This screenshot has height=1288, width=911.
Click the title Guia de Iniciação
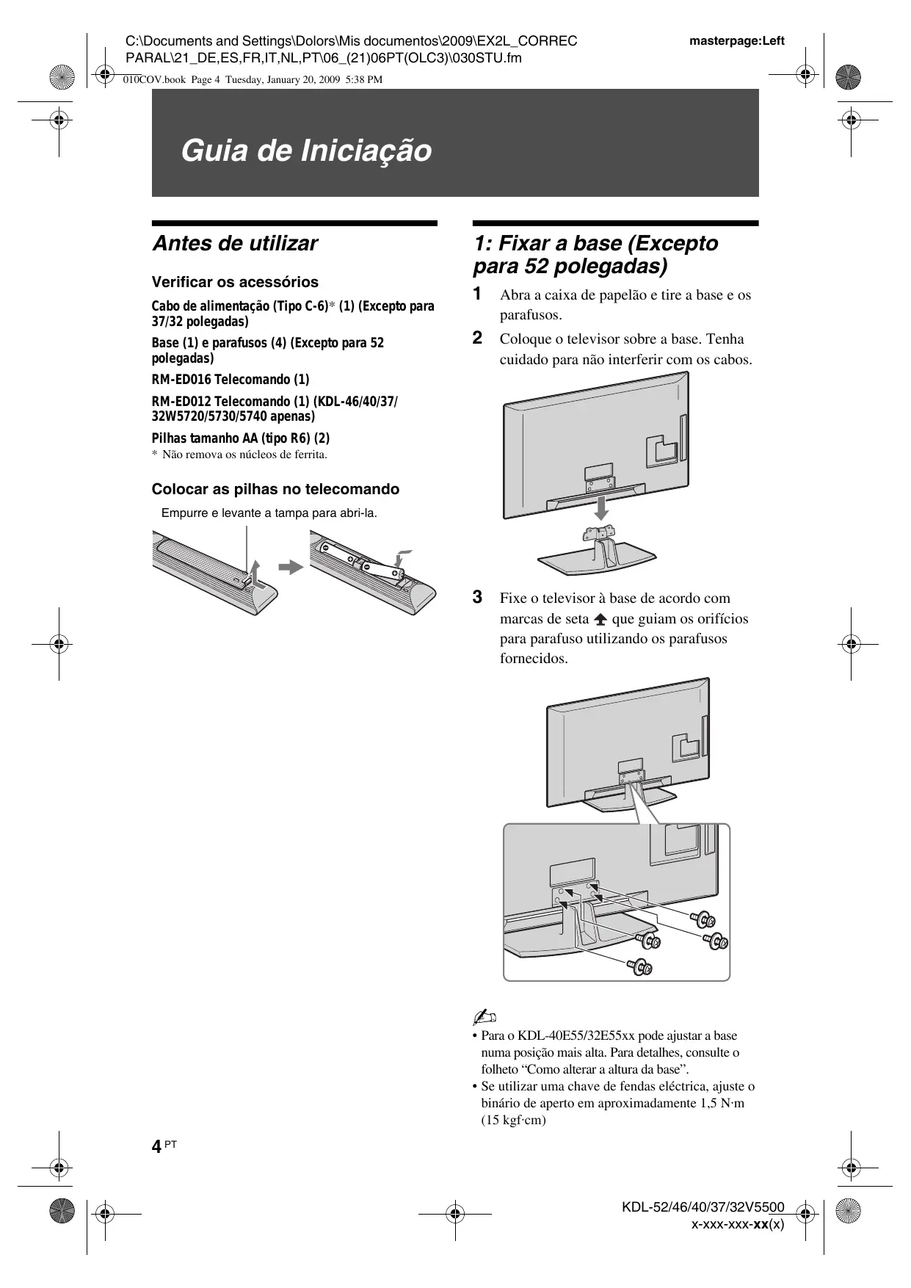tap(306, 151)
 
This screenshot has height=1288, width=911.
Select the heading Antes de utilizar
tap(235, 244)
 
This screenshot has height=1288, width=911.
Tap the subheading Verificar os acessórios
tap(235, 283)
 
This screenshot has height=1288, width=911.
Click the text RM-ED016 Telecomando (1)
tap(231, 380)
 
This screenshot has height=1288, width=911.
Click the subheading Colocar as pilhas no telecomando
tap(275, 490)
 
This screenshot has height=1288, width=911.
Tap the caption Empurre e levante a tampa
tap(269, 513)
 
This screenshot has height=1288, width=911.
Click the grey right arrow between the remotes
tap(291, 567)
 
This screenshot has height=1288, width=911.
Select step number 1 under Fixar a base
tap(477, 294)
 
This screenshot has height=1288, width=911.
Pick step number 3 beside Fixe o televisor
tap(477, 597)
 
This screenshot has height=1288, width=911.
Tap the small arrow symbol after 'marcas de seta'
tap(600, 619)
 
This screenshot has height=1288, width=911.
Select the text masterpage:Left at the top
tap(736, 41)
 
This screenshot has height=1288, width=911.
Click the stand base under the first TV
tap(593, 560)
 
